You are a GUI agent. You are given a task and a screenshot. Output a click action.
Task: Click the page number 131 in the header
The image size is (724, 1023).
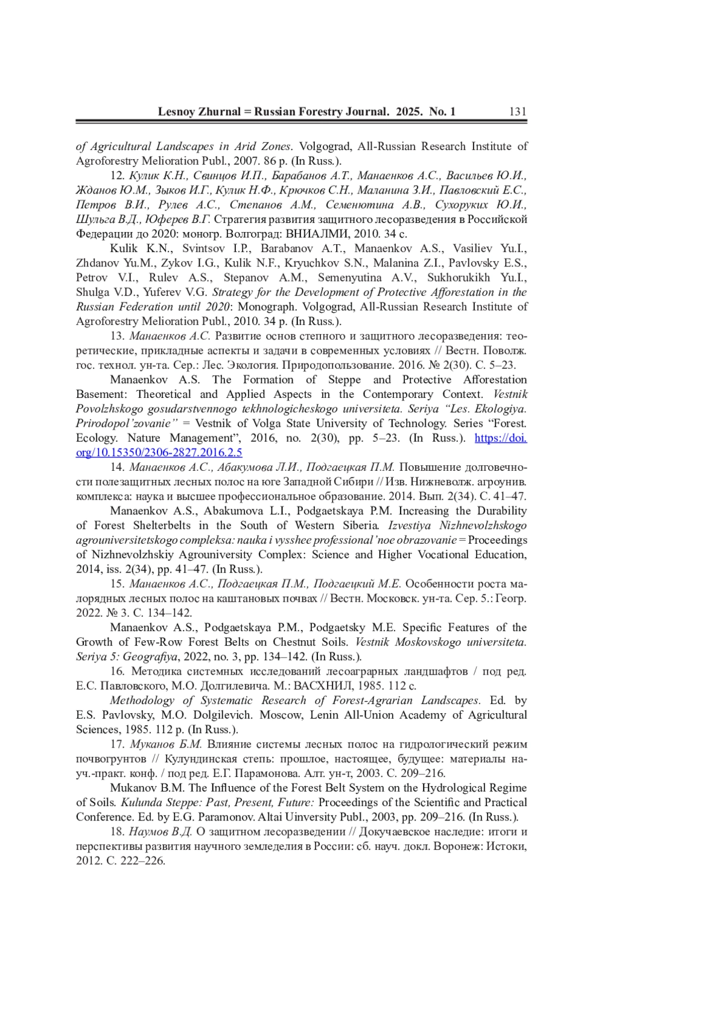tap(518, 112)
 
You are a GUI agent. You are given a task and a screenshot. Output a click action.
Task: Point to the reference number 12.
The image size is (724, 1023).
tap(117, 176)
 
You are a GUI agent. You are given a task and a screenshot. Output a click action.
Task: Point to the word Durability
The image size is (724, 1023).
tap(497, 511)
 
